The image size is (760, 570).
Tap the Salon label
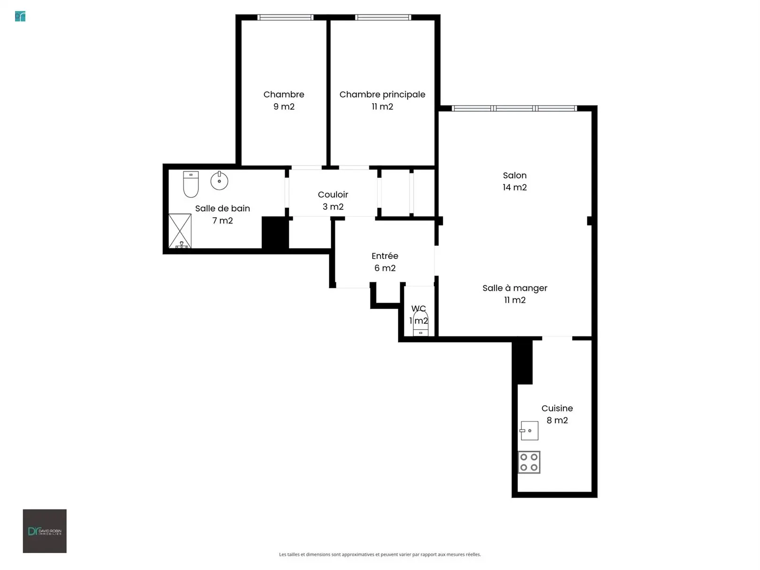tap(515, 175)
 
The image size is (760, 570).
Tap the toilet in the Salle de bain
tap(191, 184)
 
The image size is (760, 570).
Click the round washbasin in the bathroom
tap(219, 180)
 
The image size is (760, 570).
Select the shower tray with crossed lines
tap(180, 231)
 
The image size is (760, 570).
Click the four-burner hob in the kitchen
tap(529, 462)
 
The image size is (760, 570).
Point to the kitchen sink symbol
tap(529, 431)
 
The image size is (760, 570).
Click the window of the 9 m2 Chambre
tap(285, 17)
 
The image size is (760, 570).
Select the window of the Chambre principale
tap(383, 17)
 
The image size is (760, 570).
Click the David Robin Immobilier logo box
tap(45, 531)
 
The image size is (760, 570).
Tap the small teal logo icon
tap(20, 16)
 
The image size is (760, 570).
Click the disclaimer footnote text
tap(380, 555)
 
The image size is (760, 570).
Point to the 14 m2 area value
tap(515, 188)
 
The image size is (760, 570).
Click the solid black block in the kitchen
tap(522, 362)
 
